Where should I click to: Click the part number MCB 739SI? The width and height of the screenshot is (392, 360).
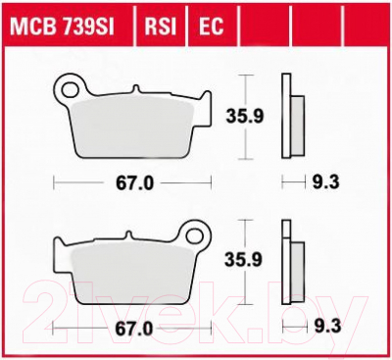click(62, 26)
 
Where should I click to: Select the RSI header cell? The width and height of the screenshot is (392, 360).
click(161, 26)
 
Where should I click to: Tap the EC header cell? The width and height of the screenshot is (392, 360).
click(211, 26)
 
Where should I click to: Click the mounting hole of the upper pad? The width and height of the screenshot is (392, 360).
click(70, 89)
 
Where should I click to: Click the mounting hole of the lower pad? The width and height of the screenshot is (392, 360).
click(195, 235)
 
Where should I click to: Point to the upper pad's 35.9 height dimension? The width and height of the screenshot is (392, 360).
click(245, 117)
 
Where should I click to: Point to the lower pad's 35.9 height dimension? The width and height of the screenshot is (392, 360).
click(243, 261)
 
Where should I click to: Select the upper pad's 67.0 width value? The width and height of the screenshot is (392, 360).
click(134, 184)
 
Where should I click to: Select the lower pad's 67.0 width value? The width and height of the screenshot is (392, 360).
click(133, 330)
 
